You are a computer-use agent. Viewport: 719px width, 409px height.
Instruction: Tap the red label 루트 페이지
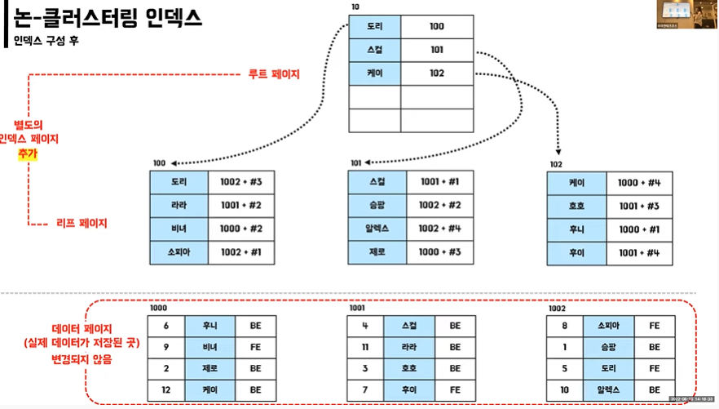point(274,74)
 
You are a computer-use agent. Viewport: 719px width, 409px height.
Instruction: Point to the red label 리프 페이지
point(82,222)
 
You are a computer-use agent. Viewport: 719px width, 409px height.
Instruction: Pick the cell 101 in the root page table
point(436,49)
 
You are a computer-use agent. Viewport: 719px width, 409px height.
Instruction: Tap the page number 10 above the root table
point(355,7)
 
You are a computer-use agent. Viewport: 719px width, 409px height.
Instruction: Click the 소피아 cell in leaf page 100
point(179,252)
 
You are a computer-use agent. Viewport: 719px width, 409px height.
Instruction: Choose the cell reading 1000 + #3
point(440,252)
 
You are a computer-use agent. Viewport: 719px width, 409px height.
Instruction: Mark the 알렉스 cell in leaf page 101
point(377,229)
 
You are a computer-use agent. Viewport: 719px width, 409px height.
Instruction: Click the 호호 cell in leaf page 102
point(576,206)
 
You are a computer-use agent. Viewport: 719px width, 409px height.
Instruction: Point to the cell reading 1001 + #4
point(639,252)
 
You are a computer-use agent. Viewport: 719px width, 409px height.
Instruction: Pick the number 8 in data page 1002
point(564,324)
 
